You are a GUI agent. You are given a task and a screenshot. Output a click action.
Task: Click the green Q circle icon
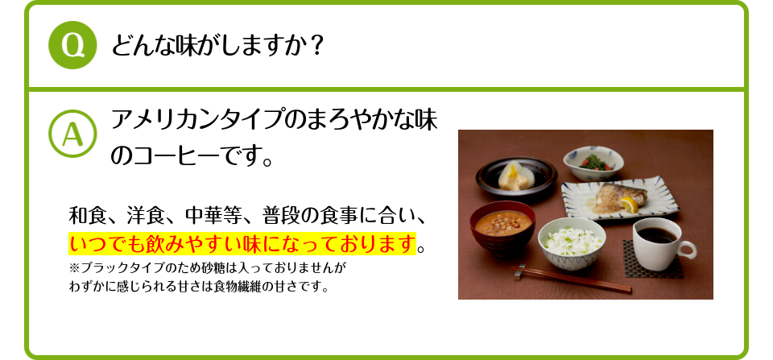72,45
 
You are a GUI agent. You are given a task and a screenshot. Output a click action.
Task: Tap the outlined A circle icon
72,133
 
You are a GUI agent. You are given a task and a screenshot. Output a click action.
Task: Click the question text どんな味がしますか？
217,46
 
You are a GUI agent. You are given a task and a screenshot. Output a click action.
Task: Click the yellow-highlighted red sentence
242,243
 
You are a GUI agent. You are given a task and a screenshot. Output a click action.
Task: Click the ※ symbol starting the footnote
74,269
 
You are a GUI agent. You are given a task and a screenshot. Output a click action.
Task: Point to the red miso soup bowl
502,227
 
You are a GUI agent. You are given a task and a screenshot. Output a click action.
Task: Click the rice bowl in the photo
572,243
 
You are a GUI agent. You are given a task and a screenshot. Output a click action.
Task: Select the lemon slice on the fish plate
629,205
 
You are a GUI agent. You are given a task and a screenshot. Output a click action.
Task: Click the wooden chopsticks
572,279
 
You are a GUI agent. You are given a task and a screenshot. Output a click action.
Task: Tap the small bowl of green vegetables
593,163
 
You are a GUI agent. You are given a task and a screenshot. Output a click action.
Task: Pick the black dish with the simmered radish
516,177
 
